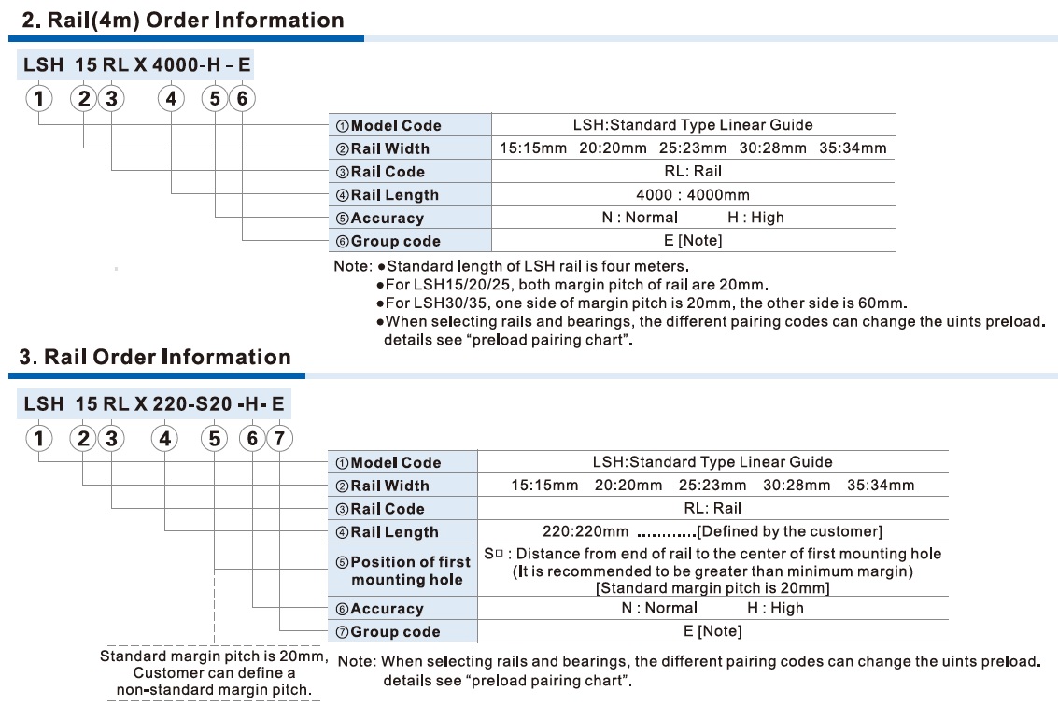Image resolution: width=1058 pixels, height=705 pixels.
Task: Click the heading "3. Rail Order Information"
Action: click(x=155, y=357)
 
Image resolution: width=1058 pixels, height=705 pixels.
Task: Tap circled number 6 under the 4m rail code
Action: click(x=241, y=98)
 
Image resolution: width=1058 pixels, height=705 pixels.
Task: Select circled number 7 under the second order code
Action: click(x=280, y=436)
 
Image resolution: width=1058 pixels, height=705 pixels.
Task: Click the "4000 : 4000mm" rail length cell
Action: click(x=692, y=194)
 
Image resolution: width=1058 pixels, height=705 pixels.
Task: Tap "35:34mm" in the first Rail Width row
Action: click(x=853, y=148)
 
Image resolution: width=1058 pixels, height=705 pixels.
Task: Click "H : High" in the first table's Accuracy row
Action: click(x=756, y=217)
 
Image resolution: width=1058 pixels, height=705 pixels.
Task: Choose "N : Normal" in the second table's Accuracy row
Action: click(x=659, y=608)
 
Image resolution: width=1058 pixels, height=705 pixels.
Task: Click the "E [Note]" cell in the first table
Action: click(x=692, y=240)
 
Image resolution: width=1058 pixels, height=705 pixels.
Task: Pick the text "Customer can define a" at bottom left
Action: click(x=214, y=672)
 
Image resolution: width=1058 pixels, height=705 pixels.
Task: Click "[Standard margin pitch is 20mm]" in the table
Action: click(x=712, y=587)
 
